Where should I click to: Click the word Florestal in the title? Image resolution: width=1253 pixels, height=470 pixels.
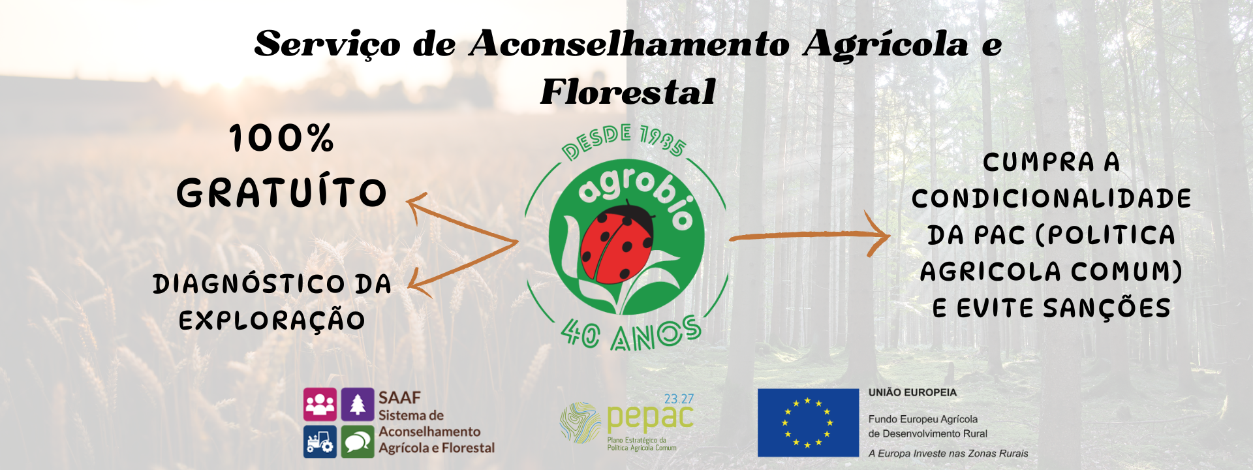click(628, 91)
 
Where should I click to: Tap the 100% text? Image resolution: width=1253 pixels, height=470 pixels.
click(282, 138)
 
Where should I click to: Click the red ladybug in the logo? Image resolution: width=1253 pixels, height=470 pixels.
click(617, 242)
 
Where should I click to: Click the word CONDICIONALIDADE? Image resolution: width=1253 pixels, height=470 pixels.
click(1051, 198)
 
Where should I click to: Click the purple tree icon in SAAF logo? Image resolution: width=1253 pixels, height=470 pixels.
click(358, 405)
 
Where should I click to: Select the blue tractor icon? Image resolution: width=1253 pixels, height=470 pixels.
click(320, 442)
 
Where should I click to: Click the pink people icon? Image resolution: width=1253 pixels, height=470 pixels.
click(320, 405)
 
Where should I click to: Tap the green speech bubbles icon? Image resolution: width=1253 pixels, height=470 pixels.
click(358, 442)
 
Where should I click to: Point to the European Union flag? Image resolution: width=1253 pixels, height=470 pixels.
click(808, 422)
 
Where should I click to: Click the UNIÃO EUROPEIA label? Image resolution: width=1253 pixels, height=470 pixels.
click(912, 392)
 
